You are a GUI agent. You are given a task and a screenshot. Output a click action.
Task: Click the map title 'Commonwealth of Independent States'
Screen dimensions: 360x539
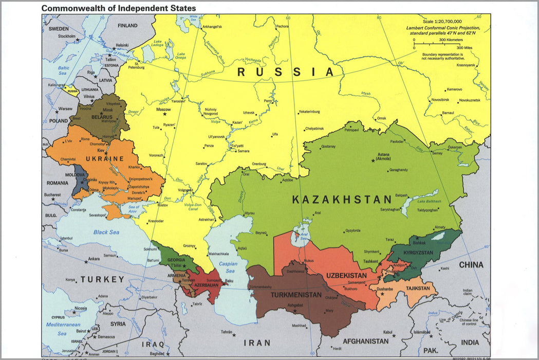119,8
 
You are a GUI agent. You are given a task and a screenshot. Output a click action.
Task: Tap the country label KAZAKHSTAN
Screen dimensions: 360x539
342,200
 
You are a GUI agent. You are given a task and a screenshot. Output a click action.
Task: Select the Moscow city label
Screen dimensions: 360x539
163,110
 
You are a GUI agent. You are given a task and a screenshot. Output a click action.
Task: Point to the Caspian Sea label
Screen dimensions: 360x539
229,267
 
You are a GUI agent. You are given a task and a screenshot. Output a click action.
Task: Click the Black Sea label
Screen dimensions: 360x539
106,232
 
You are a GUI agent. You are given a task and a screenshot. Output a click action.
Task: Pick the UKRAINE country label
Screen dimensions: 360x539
105,159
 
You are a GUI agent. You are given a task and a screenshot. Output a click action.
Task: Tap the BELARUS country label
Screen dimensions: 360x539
102,117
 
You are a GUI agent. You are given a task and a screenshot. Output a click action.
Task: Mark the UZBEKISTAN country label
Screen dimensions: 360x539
346,276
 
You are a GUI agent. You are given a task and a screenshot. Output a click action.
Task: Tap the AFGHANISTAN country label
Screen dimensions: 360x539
365,341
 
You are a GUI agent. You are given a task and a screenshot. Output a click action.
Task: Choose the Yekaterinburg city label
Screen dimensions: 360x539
309,112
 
